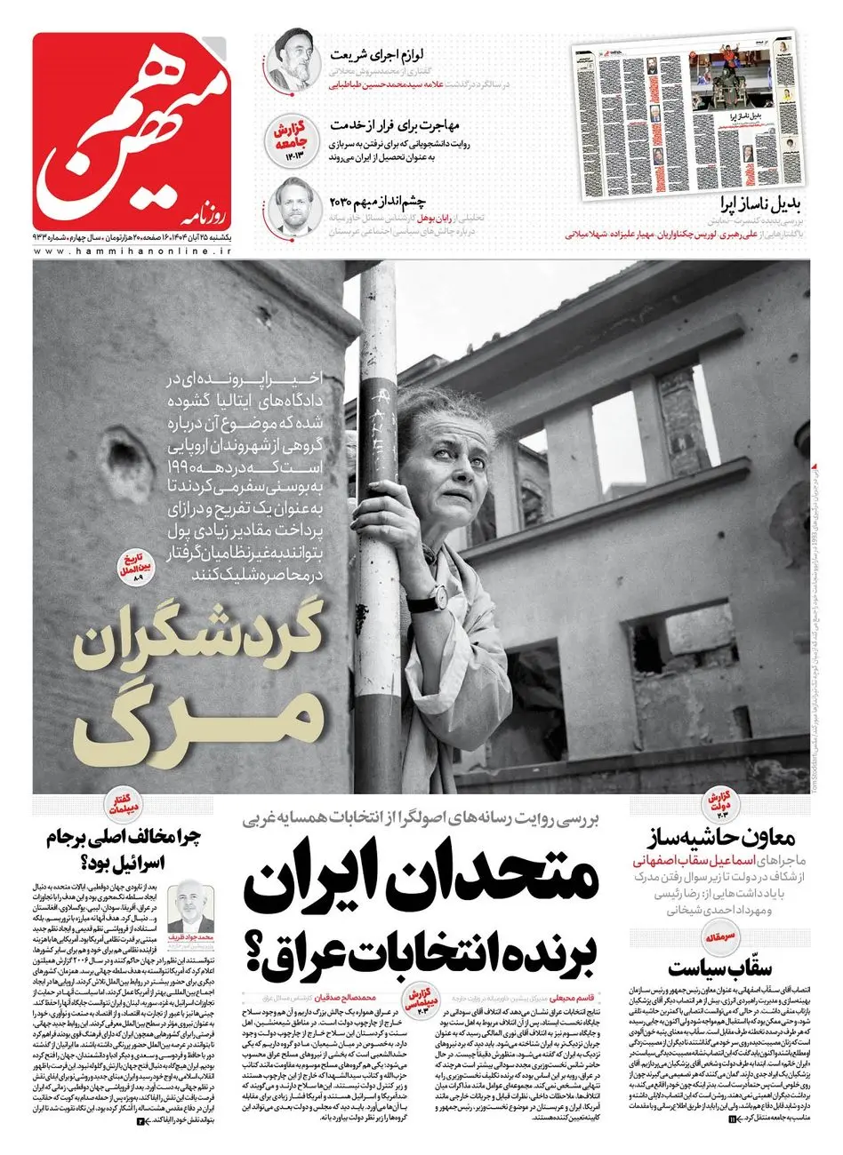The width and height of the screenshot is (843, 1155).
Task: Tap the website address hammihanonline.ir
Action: coord(132,252)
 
